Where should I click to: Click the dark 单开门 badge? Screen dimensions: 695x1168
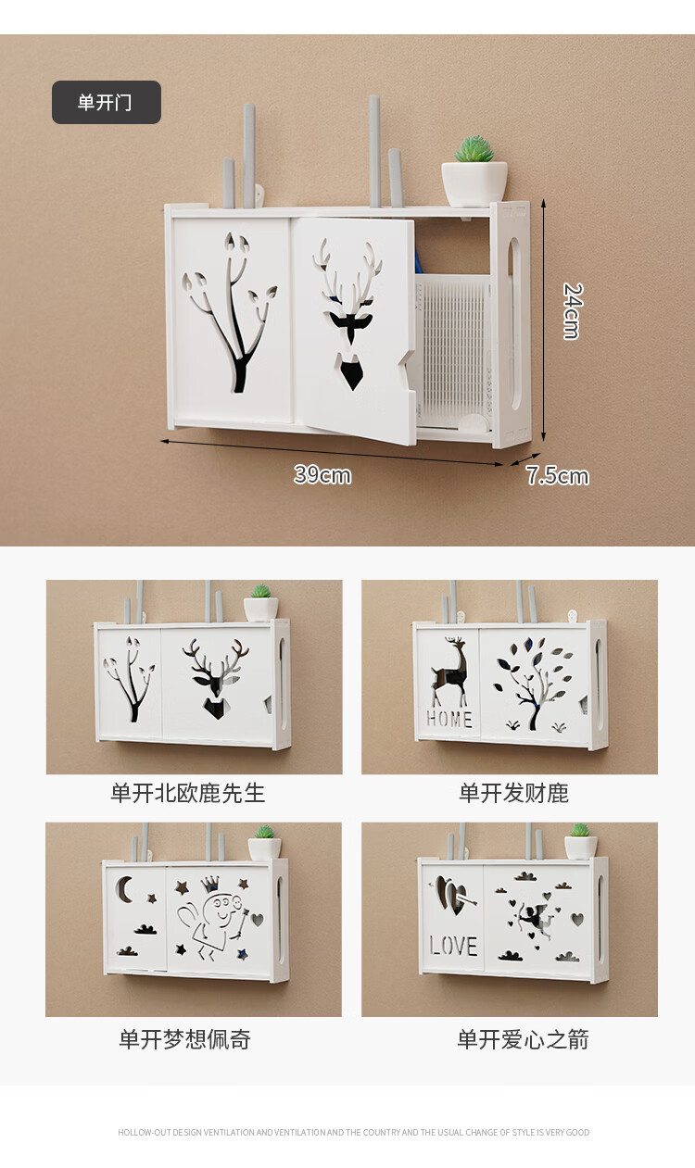point(107,102)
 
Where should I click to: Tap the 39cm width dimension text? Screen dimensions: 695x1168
point(322,474)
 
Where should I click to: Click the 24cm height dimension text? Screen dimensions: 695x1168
point(572,311)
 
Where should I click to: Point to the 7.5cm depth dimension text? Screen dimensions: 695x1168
point(557,475)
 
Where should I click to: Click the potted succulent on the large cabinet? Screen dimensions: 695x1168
point(474,171)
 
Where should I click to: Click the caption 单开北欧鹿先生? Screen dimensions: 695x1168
point(188,793)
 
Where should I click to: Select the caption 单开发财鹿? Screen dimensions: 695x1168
point(514,793)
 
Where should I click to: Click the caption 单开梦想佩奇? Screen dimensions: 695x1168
point(185,1039)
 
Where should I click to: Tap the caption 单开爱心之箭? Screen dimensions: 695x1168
point(523,1039)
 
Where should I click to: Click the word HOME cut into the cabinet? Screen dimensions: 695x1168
point(449,719)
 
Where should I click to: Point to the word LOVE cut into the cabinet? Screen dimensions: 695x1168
point(453,946)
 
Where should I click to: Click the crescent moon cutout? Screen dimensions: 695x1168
point(124,888)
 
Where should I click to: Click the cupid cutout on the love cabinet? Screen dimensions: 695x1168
point(536,921)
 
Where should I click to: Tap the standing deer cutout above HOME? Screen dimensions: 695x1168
point(450,672)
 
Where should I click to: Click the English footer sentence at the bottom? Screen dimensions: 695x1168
point(354,1133)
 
